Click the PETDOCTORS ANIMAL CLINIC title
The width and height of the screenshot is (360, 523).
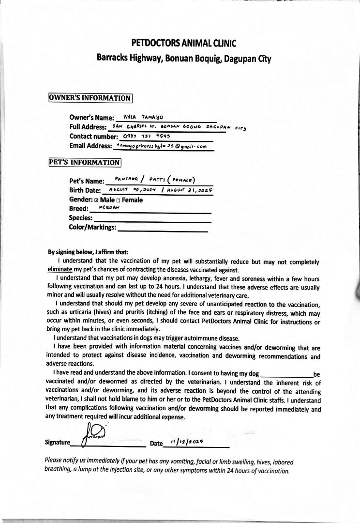(183, 44)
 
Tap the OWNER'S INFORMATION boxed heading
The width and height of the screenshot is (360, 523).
(90, 98)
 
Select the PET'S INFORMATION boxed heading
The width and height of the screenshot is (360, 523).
(85, 162)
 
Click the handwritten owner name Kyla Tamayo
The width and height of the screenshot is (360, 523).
(144, 117)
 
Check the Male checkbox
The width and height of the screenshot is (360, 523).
(96, 200)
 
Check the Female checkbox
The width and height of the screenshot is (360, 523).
(118, 200)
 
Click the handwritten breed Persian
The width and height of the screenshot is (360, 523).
(109, 207)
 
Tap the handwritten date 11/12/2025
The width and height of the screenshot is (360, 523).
(186, 442)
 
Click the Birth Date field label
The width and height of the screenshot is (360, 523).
(85, 190)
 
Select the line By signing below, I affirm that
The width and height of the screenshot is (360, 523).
(88, 252)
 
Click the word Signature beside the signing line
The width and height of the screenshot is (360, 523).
(57, 443)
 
